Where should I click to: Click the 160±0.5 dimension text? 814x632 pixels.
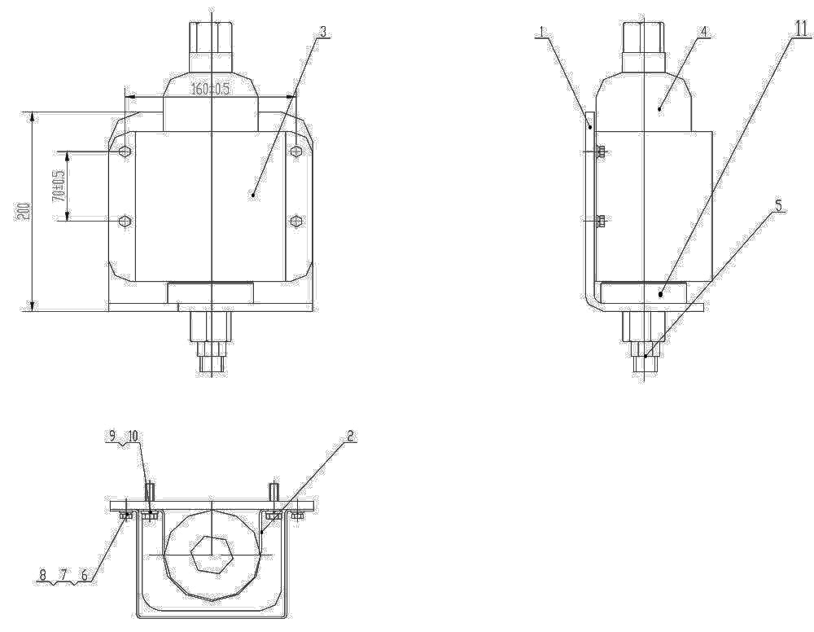[210, 90]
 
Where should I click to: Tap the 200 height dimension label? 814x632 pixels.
[24, 211]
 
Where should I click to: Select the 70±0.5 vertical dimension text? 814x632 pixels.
[58, 186]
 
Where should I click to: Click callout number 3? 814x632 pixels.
[323, 31]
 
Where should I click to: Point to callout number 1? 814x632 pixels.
[541, 32]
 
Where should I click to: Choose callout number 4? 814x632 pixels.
[703, 32]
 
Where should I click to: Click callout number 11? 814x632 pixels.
[803, 29]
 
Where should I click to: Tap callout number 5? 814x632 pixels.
[778, 206]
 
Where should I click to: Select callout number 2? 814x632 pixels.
[350, 437]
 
